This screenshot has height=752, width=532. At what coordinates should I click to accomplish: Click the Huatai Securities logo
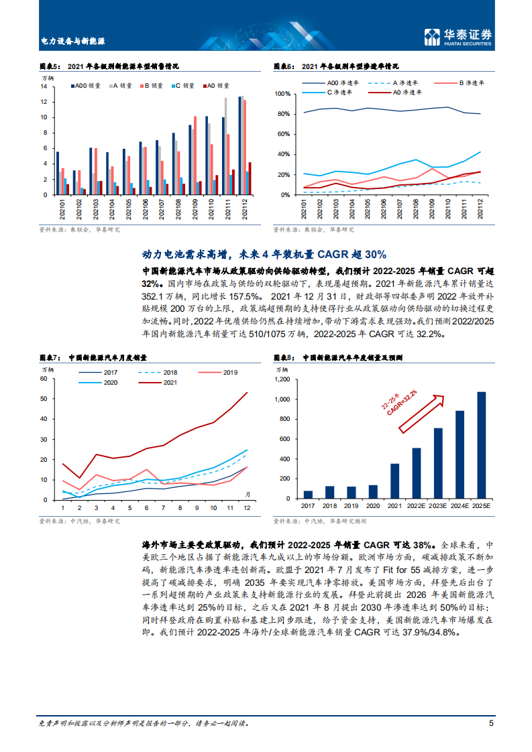tap(460, 37)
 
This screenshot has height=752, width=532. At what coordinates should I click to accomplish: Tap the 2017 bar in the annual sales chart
tap(308, 495)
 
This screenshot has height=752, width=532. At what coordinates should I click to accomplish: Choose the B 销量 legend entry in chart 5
tap(149, 86)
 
